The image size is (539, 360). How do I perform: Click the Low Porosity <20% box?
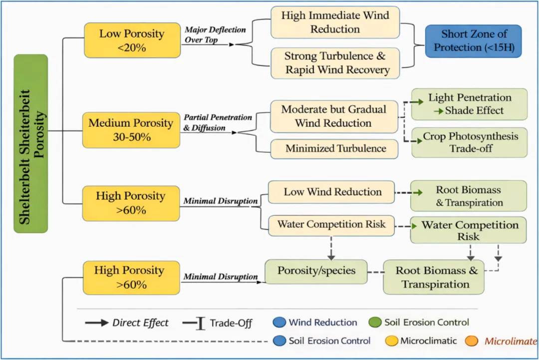132,39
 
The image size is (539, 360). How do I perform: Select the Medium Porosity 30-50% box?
131,130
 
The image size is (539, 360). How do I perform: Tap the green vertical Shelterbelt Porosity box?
31,143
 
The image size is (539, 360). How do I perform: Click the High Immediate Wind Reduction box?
335,22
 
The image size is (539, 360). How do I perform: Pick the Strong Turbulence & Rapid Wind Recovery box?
335,63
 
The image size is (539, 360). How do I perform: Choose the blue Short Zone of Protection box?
473,41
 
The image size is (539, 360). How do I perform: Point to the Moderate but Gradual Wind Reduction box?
334,116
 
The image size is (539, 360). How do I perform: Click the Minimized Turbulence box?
334,148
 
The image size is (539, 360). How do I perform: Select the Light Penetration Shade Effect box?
469,104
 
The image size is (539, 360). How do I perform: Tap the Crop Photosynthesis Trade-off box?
469,142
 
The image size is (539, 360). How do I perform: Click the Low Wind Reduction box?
332,192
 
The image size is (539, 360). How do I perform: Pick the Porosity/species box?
316,271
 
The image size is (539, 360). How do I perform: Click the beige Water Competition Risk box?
331,225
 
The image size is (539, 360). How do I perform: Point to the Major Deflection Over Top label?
215,34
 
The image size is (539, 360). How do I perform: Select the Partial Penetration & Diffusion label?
218,123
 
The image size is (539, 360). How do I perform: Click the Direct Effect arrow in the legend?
97,323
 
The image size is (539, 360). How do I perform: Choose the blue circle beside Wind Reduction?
280,323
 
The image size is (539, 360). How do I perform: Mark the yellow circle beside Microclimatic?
391,341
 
